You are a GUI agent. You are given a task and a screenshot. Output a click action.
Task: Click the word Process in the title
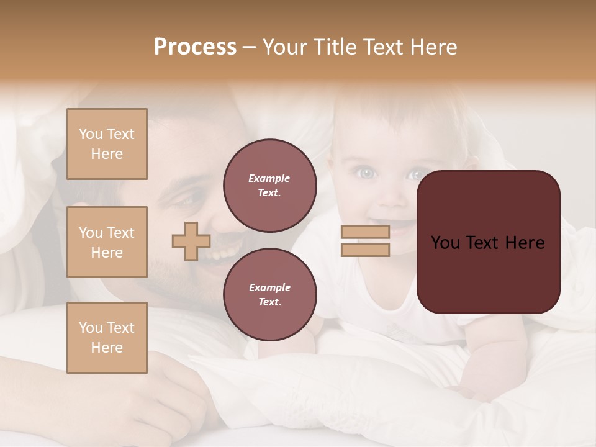pyautogui.click(x=195, y=47)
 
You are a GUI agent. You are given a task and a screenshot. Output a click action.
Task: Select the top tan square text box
pyautogui.click(x=107, y=144)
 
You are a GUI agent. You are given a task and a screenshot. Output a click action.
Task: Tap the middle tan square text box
pyautogui.click(x=107, y=242)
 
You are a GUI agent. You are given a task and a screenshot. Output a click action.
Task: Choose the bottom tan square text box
pyautogui.click(x=107, y=338)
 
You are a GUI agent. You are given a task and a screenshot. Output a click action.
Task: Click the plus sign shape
pyautogui.click(x=191, y=242)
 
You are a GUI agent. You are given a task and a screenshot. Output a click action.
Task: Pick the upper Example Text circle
pyautogui.click(x=269, y=186)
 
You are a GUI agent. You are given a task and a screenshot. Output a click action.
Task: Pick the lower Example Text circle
pyautogui.click(x=269, y=295)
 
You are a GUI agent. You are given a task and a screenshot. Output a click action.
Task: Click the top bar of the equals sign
pyautogui.click(x=365, y=232)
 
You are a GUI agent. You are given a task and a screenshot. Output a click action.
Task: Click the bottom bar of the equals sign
pyautogui.click(x=365, y=250)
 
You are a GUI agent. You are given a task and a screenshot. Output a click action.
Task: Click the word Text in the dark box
pyautogui.click(x=487, y=243)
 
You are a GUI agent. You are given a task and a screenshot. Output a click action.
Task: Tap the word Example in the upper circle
pyautogui.click(x=269, y=179)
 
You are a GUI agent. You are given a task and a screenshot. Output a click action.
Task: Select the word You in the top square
pyautogui.click(x=91, y=134)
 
